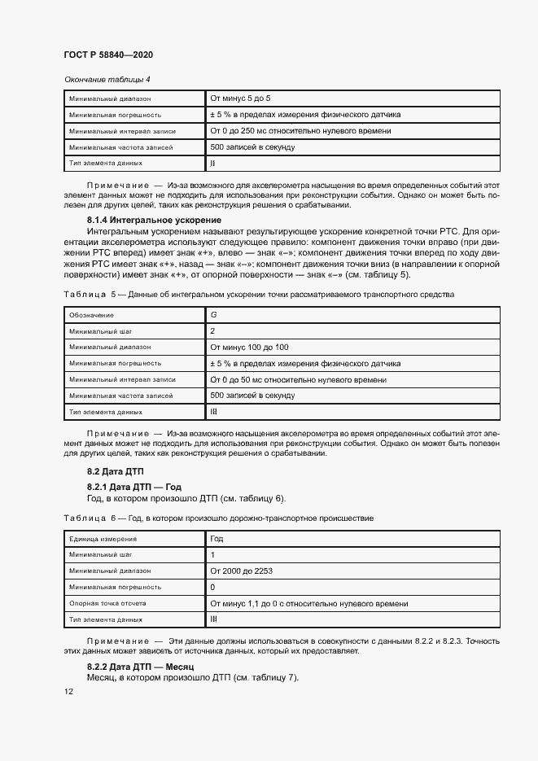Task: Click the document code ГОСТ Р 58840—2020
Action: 108,55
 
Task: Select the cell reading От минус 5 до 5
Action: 241,98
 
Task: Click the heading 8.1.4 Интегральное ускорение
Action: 154,221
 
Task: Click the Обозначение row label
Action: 92,314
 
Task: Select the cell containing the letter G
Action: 214,314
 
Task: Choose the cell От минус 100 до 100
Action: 249,347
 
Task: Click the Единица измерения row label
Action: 103,539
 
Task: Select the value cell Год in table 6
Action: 217,539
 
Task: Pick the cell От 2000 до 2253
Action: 241,571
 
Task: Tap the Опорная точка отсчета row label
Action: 107,604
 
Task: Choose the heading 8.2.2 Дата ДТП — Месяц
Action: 139,667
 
